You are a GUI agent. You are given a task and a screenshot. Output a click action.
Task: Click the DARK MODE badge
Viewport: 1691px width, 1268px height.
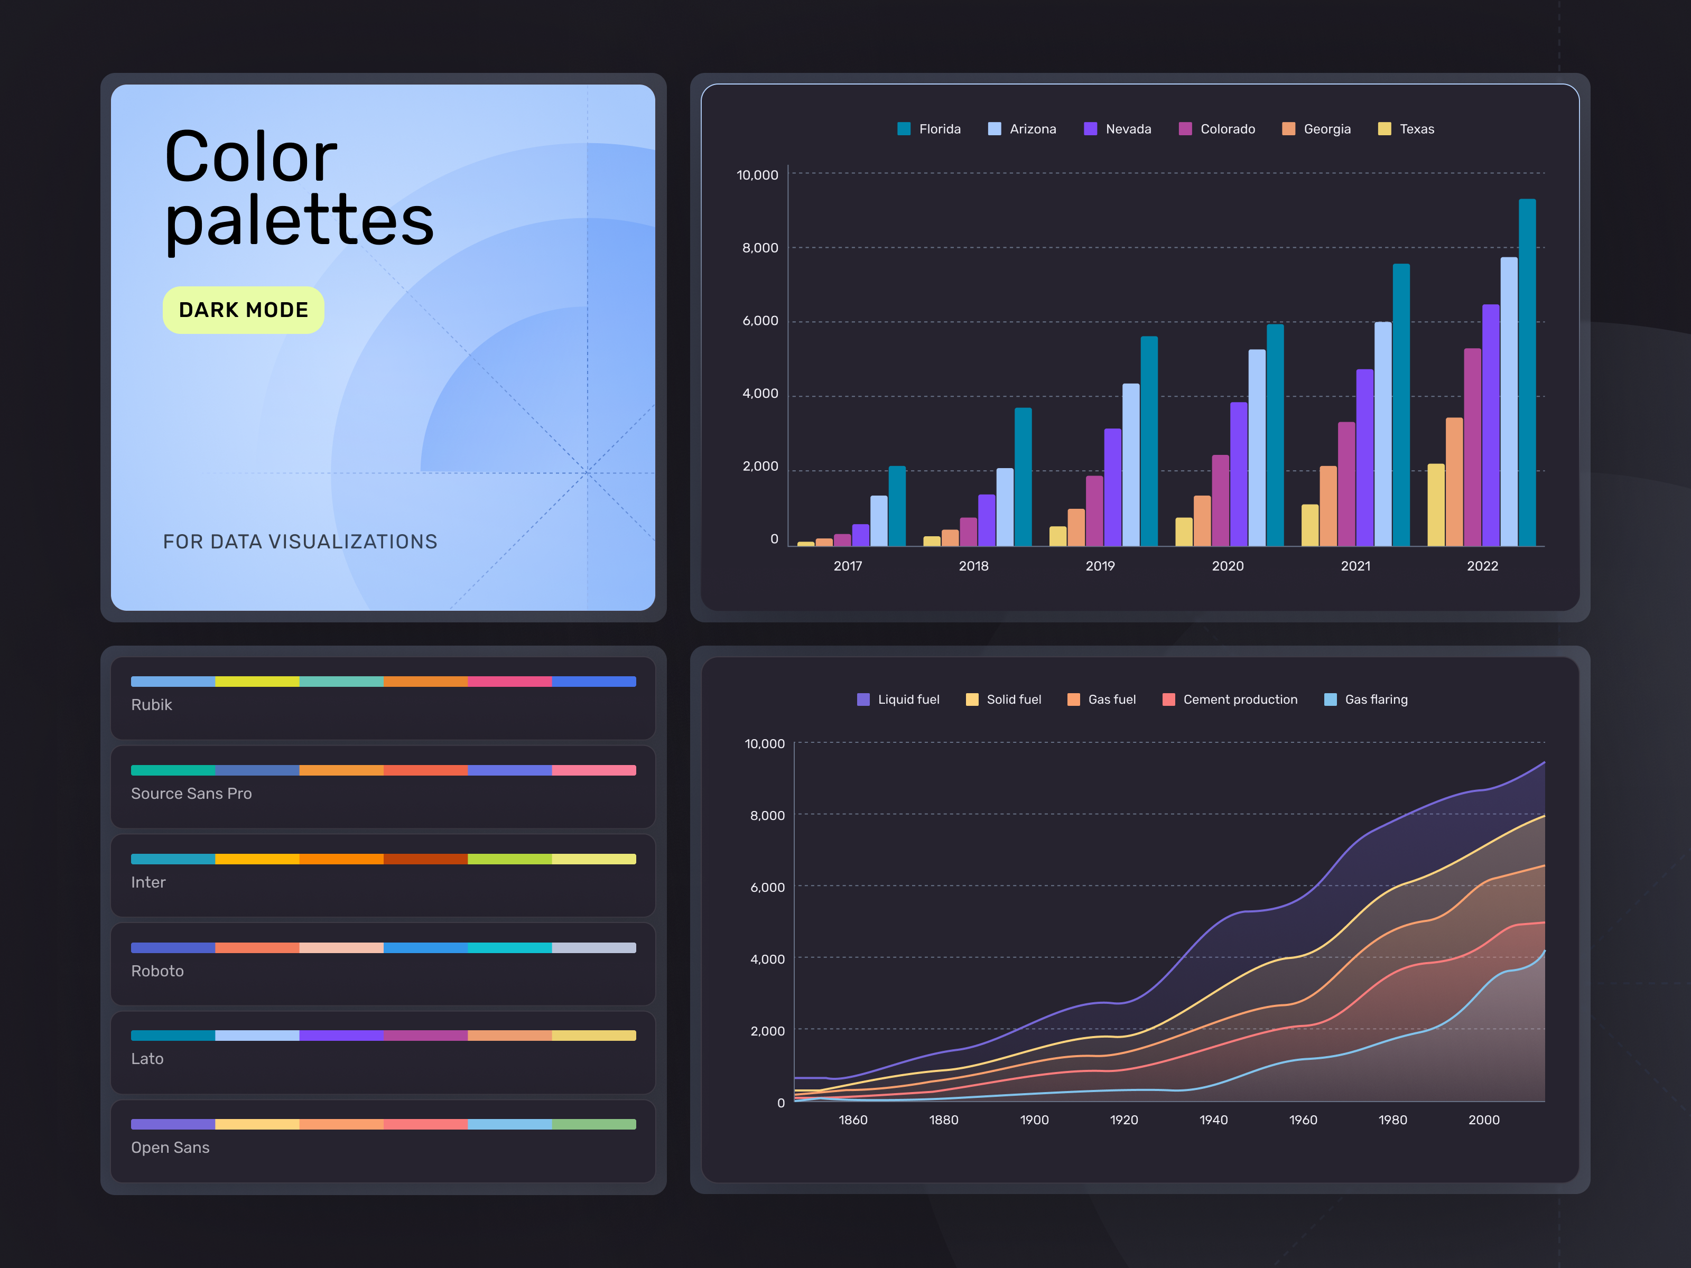[243, 310]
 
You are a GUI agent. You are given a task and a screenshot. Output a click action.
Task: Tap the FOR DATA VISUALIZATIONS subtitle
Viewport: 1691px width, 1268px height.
[300, 542]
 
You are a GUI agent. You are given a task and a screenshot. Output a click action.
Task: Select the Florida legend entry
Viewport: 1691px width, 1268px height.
[930, 129]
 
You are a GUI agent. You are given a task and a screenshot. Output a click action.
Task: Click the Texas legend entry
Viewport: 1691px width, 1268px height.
[1407, 129]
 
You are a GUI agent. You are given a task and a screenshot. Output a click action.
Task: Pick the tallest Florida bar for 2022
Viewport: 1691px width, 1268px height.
[1527, 372]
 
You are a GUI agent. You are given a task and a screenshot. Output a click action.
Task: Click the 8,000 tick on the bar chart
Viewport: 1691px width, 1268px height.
[760, 248]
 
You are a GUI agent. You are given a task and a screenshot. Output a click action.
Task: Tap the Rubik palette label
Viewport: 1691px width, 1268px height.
[151, 705]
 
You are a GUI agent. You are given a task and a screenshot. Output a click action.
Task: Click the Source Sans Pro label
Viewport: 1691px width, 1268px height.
[191, 794]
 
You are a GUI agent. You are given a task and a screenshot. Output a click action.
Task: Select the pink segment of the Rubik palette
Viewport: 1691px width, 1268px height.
[509, 681]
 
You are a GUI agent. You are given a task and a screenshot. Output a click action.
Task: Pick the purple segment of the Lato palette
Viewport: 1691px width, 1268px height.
[341, 1036]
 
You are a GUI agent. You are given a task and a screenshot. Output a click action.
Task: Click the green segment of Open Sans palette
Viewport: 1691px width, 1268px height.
[593, 1124]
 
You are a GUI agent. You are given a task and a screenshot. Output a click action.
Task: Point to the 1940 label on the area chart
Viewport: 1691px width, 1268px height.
[1213, 1120]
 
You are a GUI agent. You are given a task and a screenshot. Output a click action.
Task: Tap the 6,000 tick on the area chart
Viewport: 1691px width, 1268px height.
[767, 888]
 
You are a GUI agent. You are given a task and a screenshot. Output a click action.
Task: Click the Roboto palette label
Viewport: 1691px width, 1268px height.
[157, 971]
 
